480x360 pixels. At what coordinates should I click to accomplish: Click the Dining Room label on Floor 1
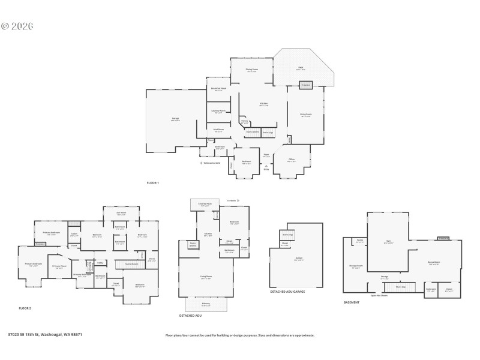click(x=251, y=70)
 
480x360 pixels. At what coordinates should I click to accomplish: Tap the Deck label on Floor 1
click(x=301, y=68)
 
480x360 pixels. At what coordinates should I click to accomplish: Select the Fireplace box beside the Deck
click(x=306, y=85)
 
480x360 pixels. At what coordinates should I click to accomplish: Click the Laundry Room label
click(x=218, y=111)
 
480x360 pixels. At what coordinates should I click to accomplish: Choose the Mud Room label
click(x=218, y=130)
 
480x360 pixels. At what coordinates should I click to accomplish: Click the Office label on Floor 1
click(x=291, y=160)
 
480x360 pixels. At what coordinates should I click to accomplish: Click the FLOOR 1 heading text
click(x=153, y=182)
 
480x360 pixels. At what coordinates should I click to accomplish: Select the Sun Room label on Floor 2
click(x=121, y=212)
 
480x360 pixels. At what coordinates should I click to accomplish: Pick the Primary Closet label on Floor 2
click(x=59, y=267)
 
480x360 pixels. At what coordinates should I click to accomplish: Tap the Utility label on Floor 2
click(x=100, y=262)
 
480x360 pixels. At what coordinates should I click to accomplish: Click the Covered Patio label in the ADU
click(x=205, y=205)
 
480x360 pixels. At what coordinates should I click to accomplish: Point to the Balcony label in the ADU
click(x=206, y=304)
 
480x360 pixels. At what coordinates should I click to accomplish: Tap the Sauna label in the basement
click(x=359, y=241)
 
